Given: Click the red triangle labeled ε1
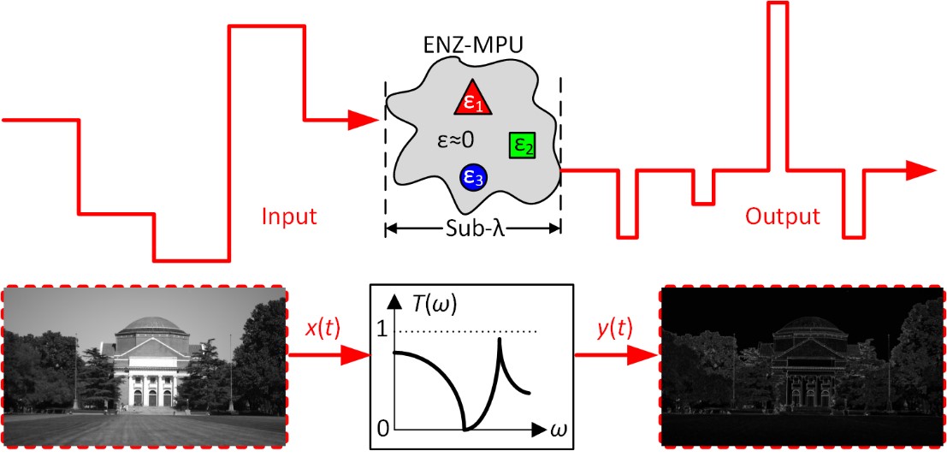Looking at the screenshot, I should [473, 100].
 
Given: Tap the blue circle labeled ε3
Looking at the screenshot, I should [472, 176].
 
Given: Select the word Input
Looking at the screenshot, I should [288, 217].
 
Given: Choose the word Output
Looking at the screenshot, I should [783, 217].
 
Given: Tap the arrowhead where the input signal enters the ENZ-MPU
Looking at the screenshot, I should [364, 120].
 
